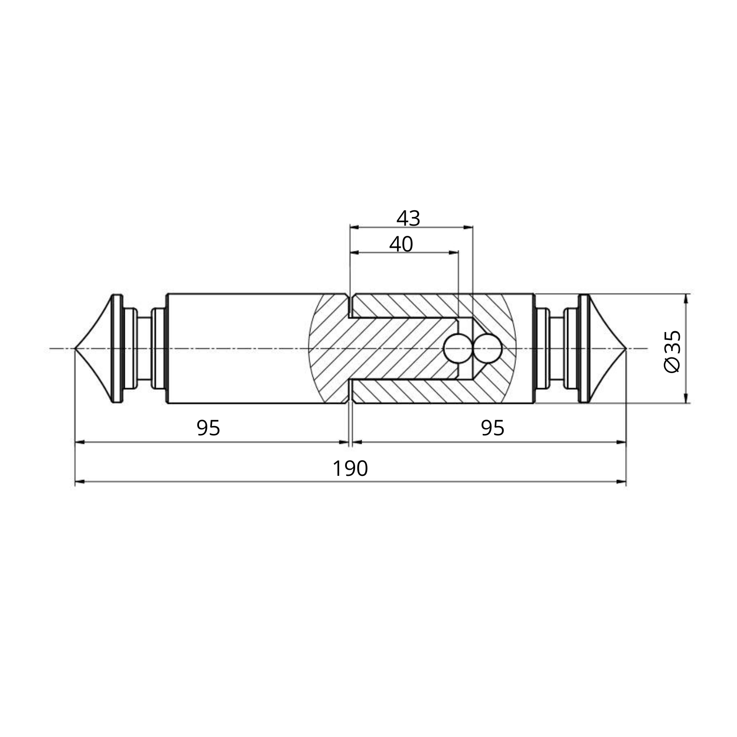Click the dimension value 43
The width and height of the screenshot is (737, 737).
[408, 218]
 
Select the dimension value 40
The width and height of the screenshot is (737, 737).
[401, 244]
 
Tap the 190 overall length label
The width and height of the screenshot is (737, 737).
[350, 469]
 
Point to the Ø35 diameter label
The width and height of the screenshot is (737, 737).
[672, 351]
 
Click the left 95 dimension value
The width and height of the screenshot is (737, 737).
[208, 428]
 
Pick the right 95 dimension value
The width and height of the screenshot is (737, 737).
[492, 428]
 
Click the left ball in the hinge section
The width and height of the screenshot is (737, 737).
[457, 349]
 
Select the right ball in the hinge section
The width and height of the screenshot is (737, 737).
[487, 349]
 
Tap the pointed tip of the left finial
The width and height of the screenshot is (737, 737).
[75, 349]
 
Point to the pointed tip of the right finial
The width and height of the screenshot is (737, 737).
[626, 349]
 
